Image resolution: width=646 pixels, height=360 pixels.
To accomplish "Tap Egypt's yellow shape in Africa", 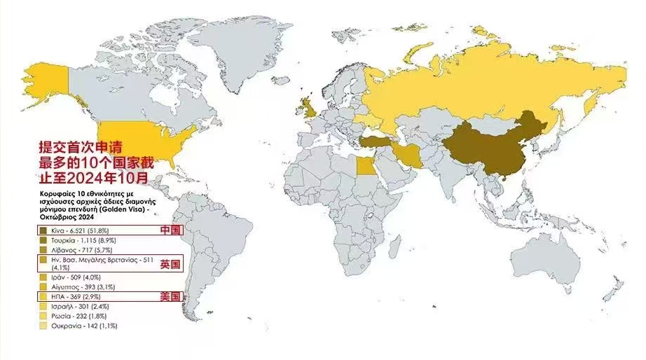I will click(x=366, y=167).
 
